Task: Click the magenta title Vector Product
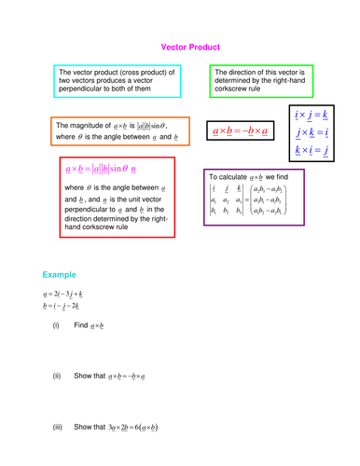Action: (x=190, y=45)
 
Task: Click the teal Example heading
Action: (x=59, y=275)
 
